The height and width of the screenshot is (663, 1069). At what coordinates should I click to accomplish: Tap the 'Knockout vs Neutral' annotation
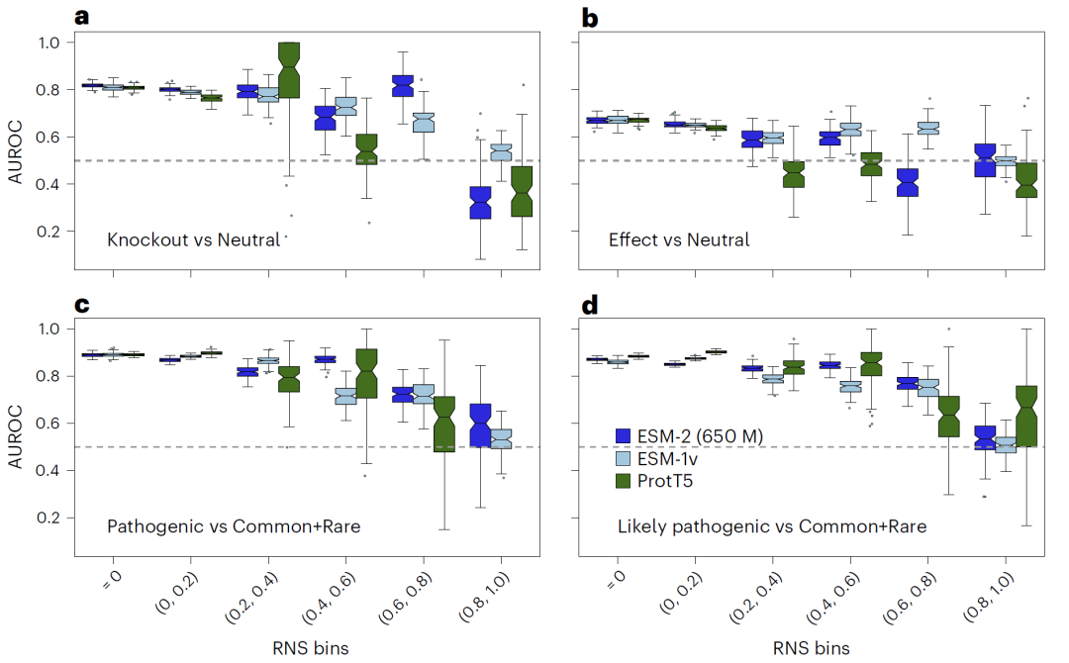coord(194,239)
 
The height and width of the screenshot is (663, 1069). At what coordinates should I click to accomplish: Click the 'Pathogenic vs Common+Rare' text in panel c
coord(233,526)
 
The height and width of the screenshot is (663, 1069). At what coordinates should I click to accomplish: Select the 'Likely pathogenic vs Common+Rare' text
coord(772,526)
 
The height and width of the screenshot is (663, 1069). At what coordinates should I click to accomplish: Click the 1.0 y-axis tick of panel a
coord(49,43)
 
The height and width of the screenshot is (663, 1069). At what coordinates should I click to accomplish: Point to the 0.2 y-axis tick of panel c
coord(49,519)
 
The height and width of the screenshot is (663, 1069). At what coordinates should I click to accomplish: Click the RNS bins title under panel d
coord(810,648)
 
